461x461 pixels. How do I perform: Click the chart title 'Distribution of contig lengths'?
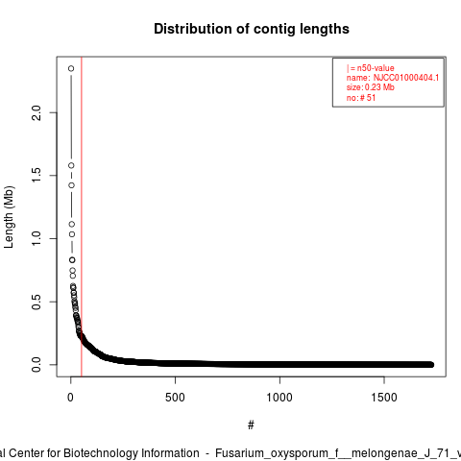coord(252,29)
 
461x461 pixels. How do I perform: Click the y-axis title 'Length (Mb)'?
coord(9,217)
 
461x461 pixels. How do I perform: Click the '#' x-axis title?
coord(251,425)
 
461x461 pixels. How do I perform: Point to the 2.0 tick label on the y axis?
coord(36,112)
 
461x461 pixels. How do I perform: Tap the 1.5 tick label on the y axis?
coord(36,176)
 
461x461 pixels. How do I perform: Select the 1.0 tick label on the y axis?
coord(36,238)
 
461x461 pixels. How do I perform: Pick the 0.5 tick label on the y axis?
coord(36,302)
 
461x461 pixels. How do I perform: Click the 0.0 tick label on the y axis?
coord(36,365)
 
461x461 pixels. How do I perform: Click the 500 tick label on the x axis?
coord(175,398)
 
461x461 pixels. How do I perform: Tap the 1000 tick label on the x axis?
coord(279,398)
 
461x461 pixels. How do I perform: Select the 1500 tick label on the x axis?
coord(384,398)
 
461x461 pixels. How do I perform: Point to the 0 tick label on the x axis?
coord(71,398)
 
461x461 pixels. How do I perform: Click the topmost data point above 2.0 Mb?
coord(71,68)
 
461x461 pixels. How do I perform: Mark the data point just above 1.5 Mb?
coord(71,165)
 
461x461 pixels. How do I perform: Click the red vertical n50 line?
coord(82,217)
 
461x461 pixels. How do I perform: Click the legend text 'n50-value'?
coord(376,68)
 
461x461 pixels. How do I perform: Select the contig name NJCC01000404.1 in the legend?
coord(406,78)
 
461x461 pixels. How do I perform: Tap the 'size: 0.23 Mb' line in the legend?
coord(370,87)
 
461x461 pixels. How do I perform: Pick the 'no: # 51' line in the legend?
coord(361,98)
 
